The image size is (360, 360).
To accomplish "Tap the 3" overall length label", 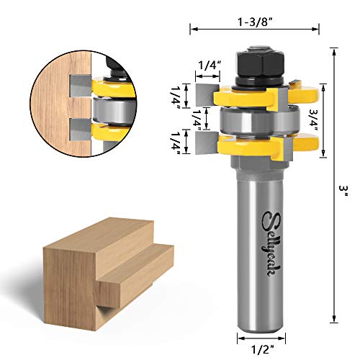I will click(345, 189).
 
